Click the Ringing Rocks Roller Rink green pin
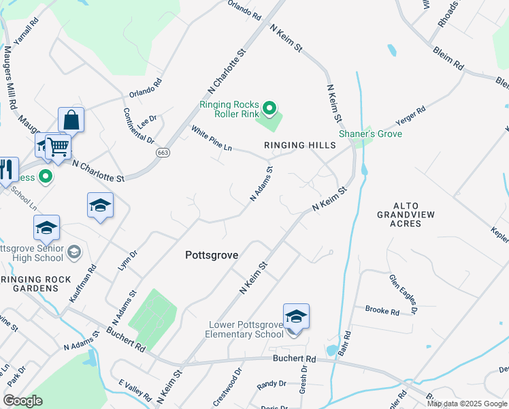(269, 108)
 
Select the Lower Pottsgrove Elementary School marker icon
(296, 318)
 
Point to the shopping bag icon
(71, 121)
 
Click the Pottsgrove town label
(212, 255)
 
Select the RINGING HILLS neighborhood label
(300, 146)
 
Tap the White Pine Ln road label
(212, 138)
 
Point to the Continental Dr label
(129, 125)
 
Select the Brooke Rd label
(382, 311)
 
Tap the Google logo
(23, 400)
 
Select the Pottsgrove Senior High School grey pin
(73, 254)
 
